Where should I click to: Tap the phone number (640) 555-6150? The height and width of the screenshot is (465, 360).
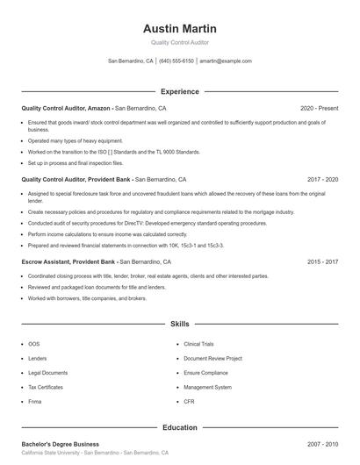point(176,61)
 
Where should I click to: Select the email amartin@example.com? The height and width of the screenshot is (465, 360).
point(226,61)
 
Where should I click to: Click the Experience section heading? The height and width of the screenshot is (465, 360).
point(179,91)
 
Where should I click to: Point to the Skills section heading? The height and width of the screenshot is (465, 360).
point(179,324)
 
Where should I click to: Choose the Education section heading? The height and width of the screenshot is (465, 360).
point(179,427)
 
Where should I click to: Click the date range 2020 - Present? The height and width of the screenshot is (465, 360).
point(319,108)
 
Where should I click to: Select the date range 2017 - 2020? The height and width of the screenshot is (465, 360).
point(322,179)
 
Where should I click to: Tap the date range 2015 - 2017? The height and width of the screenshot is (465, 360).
point(322,261)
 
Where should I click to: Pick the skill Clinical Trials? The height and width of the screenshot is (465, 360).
point(198,344)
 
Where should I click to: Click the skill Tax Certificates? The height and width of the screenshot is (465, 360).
point(46,387)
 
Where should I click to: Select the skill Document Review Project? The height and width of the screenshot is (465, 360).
point(212,358)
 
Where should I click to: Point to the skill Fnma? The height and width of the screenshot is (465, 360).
point(35,401)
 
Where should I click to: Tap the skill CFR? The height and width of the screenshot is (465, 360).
point(189,401)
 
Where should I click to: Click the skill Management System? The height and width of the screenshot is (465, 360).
point(208,387)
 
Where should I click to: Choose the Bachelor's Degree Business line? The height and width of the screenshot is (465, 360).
point(61,444)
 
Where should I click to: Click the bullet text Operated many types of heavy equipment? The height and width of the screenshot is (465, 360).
point(76,140)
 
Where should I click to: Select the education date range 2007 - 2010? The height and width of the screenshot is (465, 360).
point(322,444)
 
